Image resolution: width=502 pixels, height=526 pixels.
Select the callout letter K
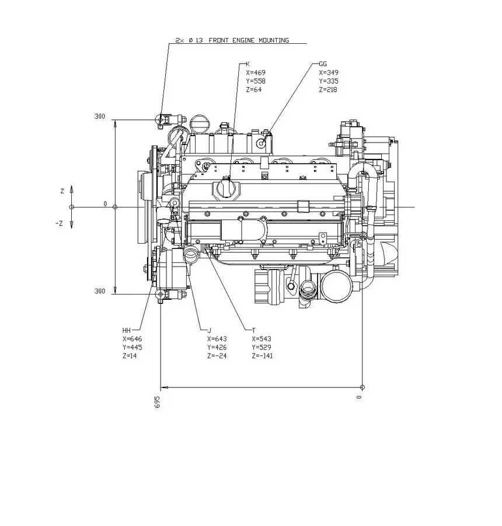[247, 64]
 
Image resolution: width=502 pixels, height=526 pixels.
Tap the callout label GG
[323, 64]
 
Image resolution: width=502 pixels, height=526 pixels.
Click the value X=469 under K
[256, 72]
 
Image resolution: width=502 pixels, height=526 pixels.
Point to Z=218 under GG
[328, 89]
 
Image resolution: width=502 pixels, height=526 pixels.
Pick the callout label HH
[127, 330]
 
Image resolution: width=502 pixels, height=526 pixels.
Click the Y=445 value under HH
[133, 347]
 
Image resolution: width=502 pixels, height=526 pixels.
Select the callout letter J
[208, 330]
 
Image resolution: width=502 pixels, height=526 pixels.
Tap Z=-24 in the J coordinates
[217, 356]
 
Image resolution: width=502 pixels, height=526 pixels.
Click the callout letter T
[253, 330]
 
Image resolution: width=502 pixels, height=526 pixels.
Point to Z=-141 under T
[262, 356]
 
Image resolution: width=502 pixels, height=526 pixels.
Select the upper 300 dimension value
[100, 116]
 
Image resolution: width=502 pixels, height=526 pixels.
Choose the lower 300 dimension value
[100, 291]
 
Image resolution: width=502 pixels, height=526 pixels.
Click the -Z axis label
[60, 223]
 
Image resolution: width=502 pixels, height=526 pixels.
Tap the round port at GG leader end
[263, 142]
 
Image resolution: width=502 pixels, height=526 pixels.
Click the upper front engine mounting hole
[161, 120]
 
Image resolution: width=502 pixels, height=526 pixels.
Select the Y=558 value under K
[256, 81]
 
